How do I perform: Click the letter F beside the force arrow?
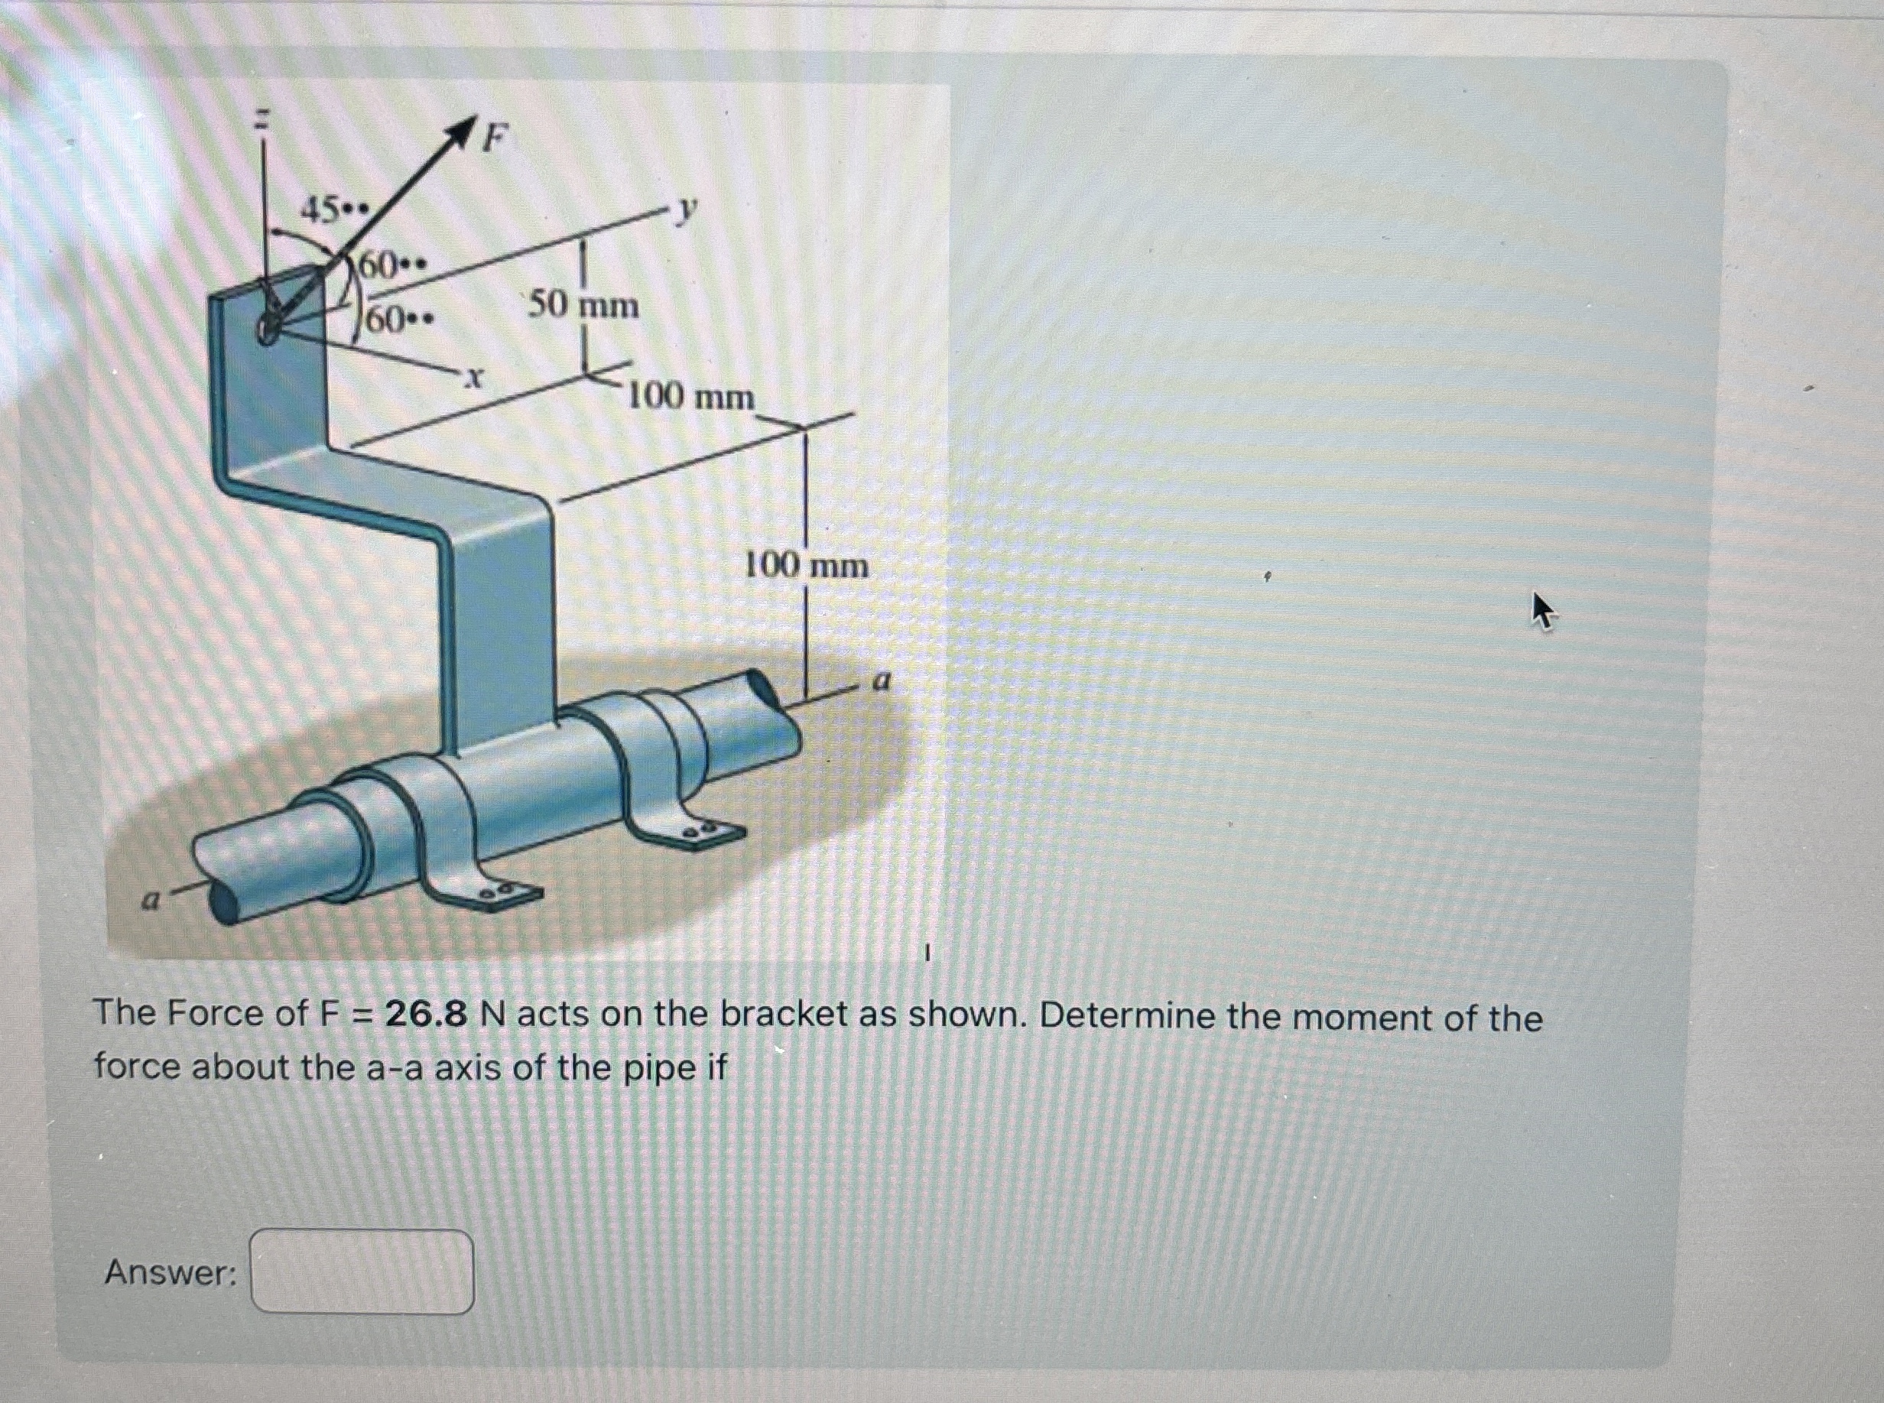(496, 136)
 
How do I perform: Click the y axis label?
(684, 208)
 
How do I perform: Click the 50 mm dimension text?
(584, 304)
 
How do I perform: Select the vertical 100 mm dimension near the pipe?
(807, 565)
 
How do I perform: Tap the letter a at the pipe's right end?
(882, 680)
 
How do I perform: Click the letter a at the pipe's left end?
(150, 903)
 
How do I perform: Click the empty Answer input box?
(362, 1272)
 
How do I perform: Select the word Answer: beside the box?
(171, 1272)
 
